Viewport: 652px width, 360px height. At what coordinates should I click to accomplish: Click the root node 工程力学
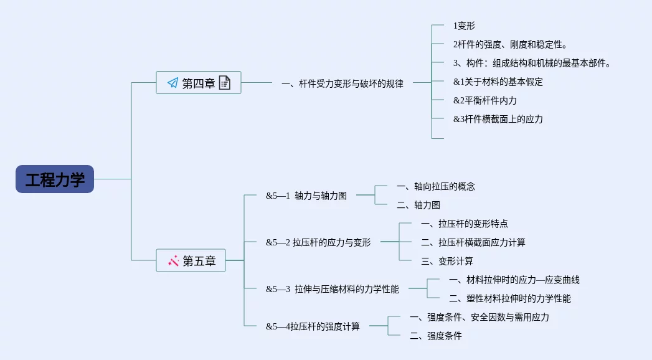(55, 179)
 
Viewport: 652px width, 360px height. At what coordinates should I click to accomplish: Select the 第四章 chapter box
(198, 83)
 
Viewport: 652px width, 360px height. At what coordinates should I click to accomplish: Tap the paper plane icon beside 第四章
(172, 83)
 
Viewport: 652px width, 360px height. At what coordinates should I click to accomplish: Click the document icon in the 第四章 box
(225, 83)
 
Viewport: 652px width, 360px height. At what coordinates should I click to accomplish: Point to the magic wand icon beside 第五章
(174, 261)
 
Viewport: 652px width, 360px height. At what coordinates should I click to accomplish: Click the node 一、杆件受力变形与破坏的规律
(342, 83)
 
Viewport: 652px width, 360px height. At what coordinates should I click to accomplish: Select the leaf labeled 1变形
(464, 26)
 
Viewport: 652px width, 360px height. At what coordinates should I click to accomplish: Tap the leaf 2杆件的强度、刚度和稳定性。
(510, 44)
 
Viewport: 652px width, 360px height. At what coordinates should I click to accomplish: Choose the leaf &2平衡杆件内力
(484, 100)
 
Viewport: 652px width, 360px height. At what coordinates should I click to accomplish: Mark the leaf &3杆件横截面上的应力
(498, 119)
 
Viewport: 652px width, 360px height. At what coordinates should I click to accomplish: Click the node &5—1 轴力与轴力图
(306, 196)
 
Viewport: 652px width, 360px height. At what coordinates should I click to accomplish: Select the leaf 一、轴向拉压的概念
(435, 186)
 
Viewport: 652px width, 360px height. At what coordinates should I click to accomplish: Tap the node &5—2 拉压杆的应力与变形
(318, 242)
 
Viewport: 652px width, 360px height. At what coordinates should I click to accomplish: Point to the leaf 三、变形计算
(446, 261)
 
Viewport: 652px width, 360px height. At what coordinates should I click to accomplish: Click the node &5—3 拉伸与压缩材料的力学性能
(332, 289)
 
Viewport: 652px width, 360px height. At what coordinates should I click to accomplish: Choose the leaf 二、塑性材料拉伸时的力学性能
(509, 298)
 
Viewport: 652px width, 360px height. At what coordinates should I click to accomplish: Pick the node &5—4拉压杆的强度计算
(313, 326)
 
